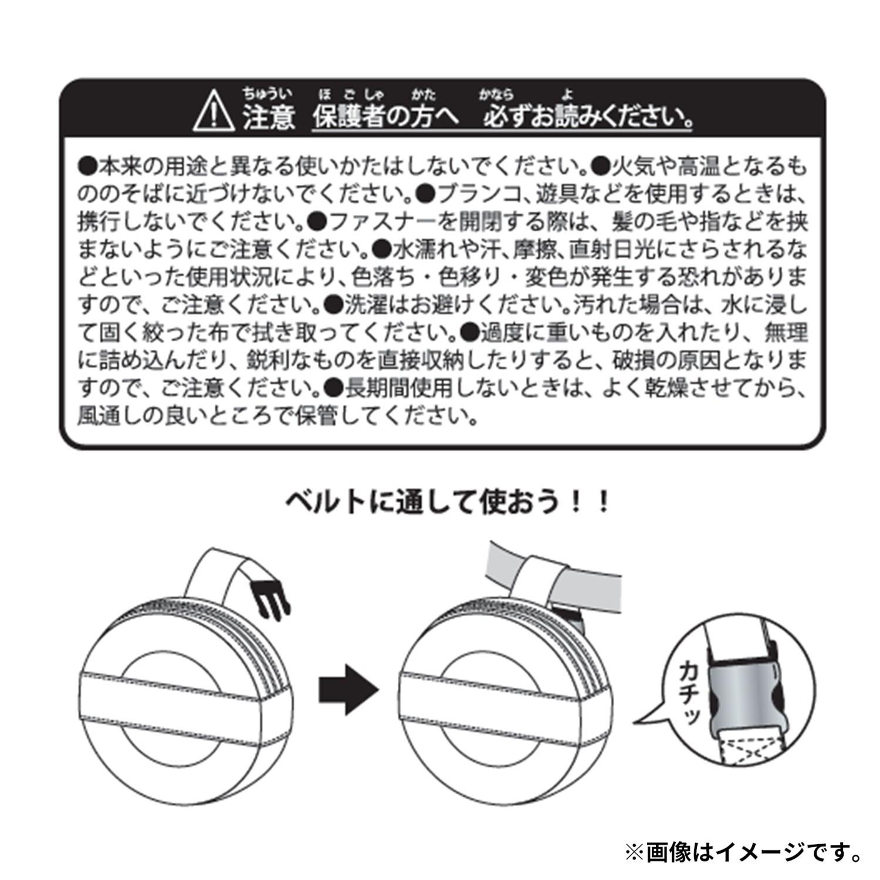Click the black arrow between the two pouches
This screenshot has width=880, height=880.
349,689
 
